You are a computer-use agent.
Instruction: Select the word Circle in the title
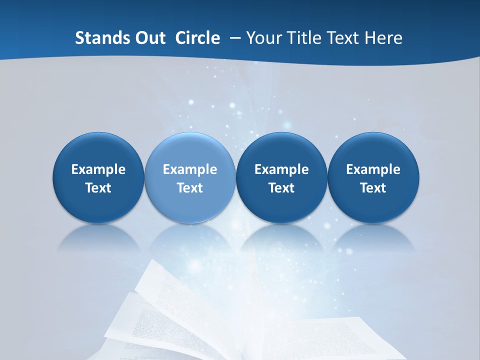pos(197,38)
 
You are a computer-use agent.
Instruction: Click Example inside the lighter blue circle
pos(190,169)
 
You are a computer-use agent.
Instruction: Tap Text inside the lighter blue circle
pos(190,188)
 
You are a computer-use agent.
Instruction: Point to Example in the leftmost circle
pos(98,169)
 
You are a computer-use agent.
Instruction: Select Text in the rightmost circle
pos(373,188)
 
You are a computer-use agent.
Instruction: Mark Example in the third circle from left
pos(281,169)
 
